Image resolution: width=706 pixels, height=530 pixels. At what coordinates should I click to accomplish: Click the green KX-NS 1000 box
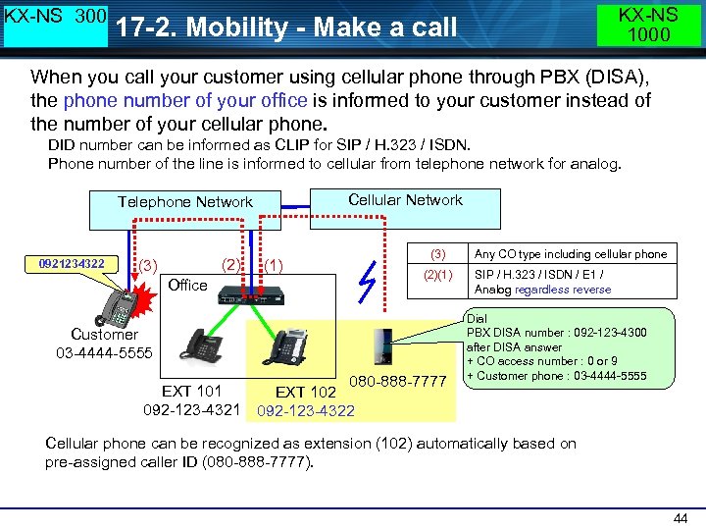649,25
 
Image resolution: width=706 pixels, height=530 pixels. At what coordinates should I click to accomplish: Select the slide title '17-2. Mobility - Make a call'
286,26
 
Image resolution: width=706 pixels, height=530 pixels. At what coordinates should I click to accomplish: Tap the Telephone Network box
185,202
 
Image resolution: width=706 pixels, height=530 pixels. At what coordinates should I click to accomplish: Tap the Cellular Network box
405,200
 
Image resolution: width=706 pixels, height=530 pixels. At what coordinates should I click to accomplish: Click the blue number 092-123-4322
305,411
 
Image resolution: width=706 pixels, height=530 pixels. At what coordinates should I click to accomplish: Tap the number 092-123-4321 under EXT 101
192,408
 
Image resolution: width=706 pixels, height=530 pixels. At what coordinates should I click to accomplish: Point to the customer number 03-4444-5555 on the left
105,351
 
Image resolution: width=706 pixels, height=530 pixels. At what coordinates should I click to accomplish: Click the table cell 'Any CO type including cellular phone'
571,254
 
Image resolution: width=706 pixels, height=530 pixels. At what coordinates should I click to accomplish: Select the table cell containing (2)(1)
437,275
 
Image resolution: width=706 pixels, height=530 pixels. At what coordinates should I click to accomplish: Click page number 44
680,517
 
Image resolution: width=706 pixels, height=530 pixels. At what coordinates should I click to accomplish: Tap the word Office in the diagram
187,285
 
